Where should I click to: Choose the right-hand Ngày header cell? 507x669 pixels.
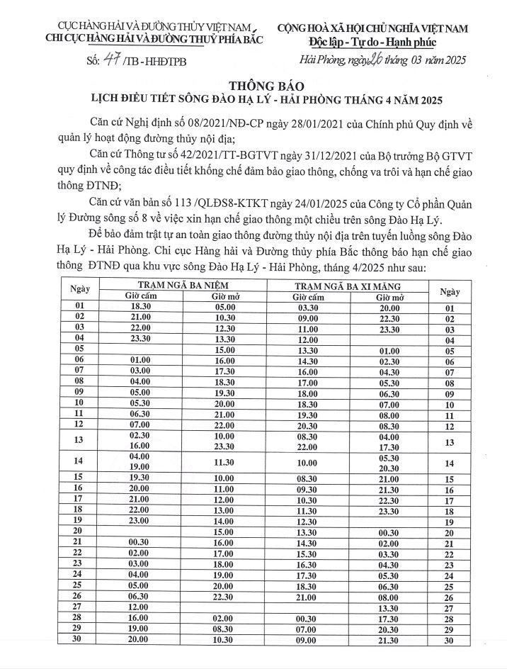[449, 291]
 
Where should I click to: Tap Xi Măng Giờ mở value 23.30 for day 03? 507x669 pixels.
[388, 329]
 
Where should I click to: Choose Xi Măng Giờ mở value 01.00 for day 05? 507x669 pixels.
[388, 351]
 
